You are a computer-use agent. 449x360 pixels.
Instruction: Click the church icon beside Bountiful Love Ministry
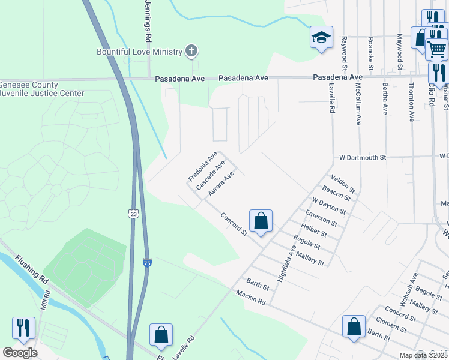[191, 51]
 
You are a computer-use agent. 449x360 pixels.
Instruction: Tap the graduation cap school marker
[321, 37]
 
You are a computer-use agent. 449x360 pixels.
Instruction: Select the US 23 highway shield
[133, 212]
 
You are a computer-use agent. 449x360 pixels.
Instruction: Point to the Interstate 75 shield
[148, 262]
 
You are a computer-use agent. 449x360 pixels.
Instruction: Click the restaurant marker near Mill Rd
[23, 328]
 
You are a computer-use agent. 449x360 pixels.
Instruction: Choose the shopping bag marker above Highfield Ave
[261, 221]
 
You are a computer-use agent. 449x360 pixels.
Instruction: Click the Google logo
[20, 352]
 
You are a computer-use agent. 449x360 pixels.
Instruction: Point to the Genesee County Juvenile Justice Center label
[42, 89]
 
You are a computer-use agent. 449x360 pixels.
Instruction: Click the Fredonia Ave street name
[202, 167]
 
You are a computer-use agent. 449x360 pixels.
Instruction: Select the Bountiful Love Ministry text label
[140, 52]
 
